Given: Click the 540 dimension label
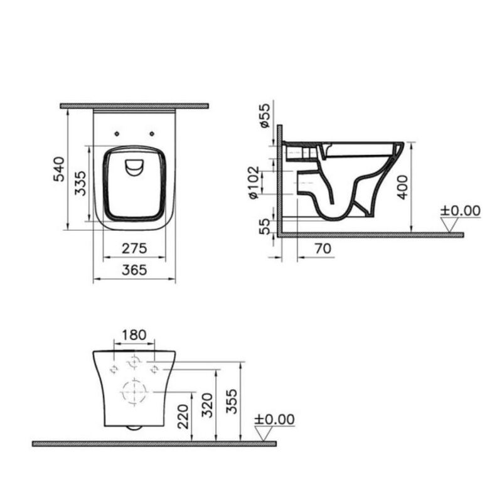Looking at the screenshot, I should (x=59, y=169).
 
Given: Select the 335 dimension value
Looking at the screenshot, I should (x=80, y=183).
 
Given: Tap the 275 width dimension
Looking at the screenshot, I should (x=134, y=248).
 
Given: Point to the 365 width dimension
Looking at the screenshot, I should (x=134, y=270).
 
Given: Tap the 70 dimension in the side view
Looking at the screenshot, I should (x=323, y=249).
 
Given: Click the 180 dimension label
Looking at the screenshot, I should (x=133, y=335).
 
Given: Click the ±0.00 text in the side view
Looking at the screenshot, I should (x=460, y=210).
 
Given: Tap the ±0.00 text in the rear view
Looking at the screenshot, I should (x=274, y=419).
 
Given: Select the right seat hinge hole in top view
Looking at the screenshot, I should (x=152, y=132).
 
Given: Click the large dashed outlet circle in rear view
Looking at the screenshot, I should (x=133, y=393).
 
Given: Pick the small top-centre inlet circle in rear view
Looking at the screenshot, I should (x=134, y=362).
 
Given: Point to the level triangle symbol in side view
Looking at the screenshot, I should (x=449, y=225).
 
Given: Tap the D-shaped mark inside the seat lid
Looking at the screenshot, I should (x=134, y=167).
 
